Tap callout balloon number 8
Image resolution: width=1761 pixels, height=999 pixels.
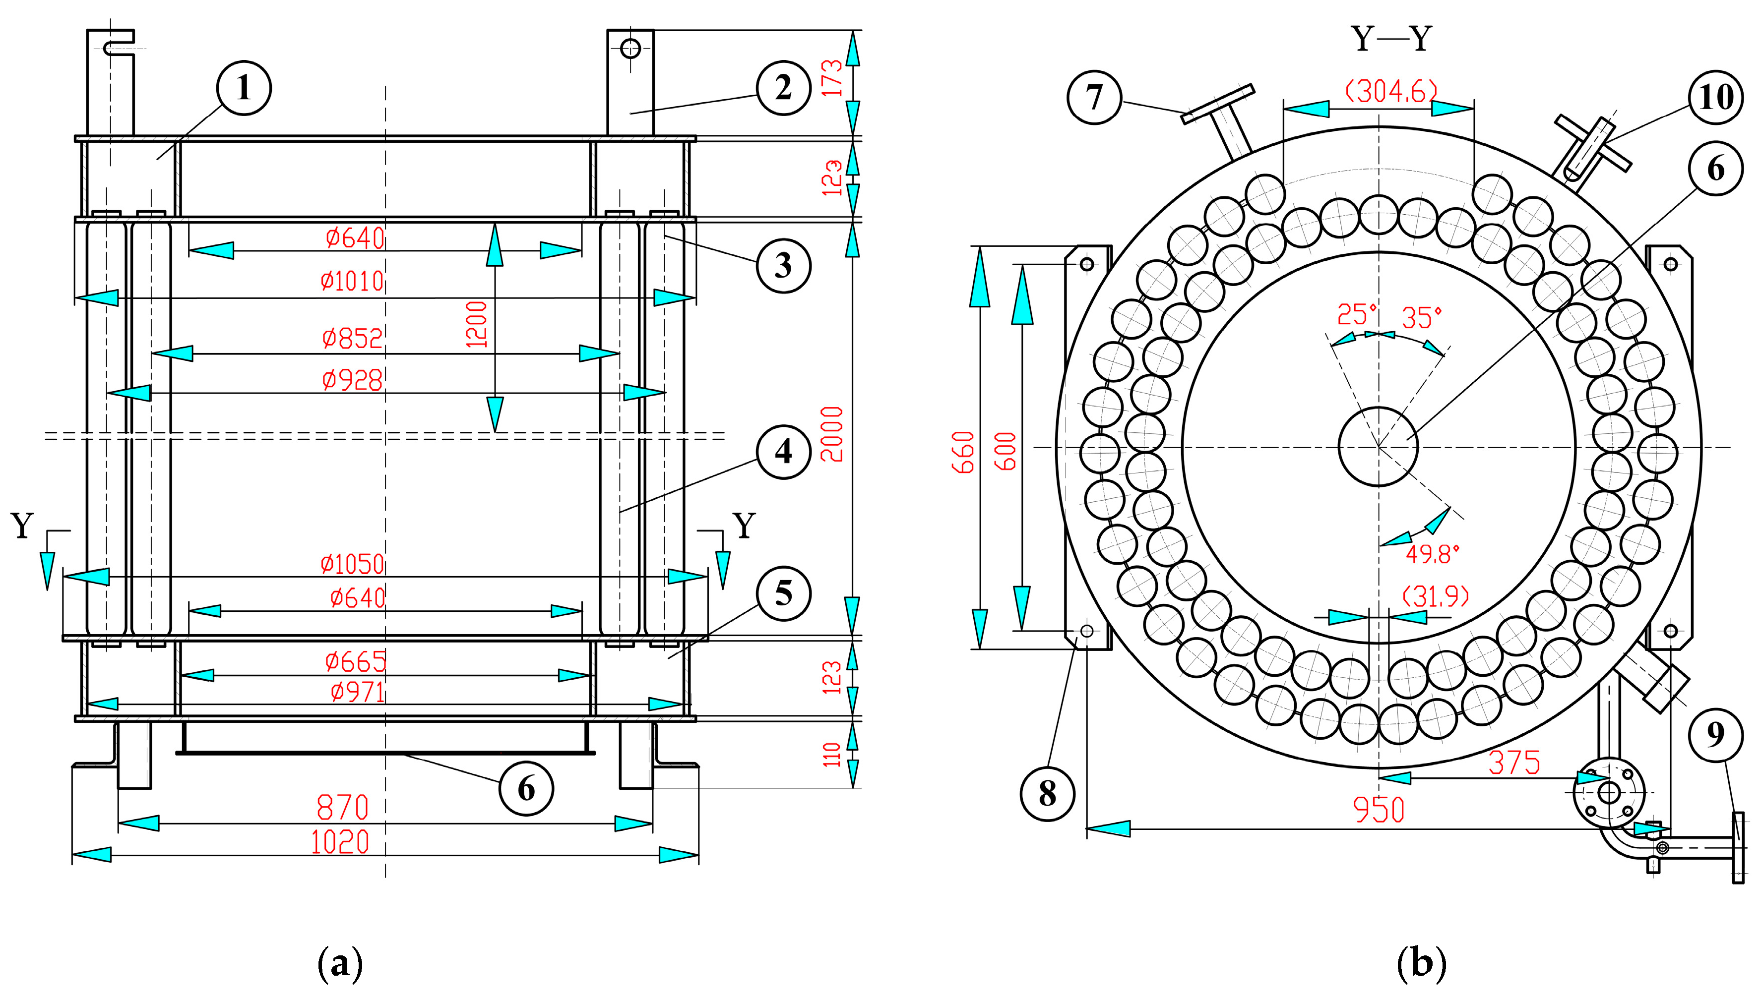click(x=1047, y=793)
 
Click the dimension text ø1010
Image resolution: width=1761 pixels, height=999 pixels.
click(x=352, y=281)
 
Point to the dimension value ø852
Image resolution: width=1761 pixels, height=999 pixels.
click(x=352, y=338)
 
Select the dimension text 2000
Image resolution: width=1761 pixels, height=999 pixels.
click(x=832, y=434)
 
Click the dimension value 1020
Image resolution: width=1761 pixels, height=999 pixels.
click(x=340, y=842)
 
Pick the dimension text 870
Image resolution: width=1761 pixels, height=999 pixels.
click(x=342, y=807)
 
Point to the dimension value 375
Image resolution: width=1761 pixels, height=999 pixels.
click(x=1514, y=763)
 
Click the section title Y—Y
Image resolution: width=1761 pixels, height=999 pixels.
click(x=1391, y=39)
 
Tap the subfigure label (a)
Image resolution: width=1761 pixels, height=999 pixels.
click(x=340, y=963)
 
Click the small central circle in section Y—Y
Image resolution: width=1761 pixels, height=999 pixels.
click(x=1378, y=447)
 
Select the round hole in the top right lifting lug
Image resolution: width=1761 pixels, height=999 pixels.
click(x=630, y=49)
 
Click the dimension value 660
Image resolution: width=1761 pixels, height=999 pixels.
click(x=963, y=452)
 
